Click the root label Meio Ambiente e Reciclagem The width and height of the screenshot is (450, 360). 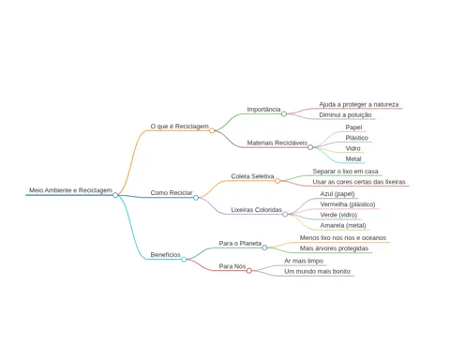70,190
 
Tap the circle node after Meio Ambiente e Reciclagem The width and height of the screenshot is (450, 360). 115,195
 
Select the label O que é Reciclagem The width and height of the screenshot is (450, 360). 179,127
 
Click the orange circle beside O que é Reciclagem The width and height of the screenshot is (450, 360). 212,130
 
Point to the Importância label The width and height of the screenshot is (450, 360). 263,110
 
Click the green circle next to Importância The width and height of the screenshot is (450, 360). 284,113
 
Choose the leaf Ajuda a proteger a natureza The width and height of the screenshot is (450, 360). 359,104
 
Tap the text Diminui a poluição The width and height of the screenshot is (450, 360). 345,115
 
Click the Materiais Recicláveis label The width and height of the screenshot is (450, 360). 277,142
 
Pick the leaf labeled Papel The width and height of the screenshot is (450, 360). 353,127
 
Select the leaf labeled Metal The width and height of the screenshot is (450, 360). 353,158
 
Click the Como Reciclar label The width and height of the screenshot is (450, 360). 172,193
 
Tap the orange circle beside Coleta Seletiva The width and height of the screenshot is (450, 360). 277,181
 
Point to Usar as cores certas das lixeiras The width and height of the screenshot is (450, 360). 359,182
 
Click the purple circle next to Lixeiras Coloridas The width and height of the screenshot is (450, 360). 285,214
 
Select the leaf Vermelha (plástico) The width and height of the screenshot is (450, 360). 348,204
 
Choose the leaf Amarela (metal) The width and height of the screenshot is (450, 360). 343,225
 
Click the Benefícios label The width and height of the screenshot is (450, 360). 166,255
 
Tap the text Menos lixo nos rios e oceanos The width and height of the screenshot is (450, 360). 343,238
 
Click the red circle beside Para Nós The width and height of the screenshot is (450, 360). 249,271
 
